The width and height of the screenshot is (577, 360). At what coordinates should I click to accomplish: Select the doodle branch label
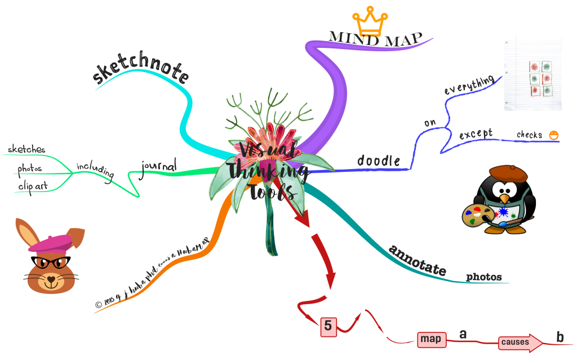coord(378,161)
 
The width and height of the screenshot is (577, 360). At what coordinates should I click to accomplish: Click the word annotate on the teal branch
coord(418,260)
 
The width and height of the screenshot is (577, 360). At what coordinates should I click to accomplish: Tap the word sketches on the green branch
coord(26,149)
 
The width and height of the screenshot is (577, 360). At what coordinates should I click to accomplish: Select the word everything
coord(469,85)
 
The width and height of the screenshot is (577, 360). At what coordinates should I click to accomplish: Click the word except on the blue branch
coord(476,135)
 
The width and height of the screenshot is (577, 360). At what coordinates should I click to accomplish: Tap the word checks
coord(530,135)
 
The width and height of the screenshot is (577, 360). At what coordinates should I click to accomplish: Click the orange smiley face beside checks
coord(554,135)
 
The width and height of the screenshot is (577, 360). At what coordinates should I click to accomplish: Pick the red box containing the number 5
coord(329,326)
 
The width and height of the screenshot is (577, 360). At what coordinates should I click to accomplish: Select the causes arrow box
coord(517,342)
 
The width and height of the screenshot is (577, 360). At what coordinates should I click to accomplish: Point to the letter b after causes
coord(560,337)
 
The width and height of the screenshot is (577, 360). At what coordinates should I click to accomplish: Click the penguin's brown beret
coord(507,172)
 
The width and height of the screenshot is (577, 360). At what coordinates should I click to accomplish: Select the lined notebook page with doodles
coord(532,73)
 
